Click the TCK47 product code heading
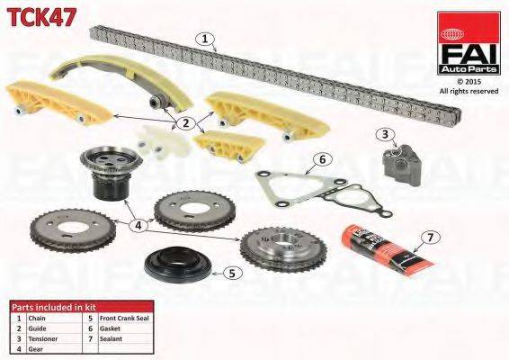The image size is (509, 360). [x=43, y=15]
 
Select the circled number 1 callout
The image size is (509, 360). [x=206, y=40]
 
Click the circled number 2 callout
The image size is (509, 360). [x=185, y=123]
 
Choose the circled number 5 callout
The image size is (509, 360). [x=231, y=272]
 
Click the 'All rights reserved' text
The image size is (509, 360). [x=469, y=91]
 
